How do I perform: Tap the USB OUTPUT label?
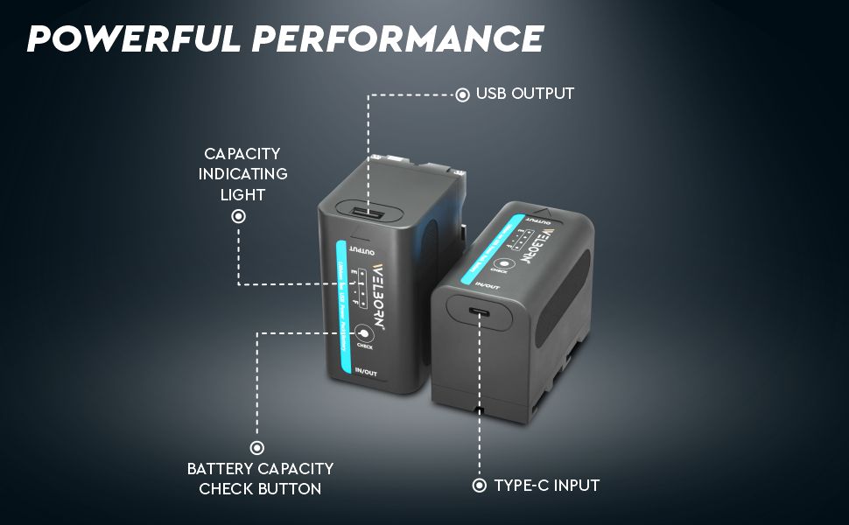[x=525, y=94]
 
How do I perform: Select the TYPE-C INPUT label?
[x=546, y=486]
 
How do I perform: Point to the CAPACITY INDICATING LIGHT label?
[x=242, y=173]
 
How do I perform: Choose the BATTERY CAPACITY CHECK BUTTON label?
[x=260, y=479]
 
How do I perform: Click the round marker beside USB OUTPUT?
[x=463, y=94]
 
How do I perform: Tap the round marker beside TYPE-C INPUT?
[x=479, y=486]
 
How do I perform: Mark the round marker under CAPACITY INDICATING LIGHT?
[x=238, y=216]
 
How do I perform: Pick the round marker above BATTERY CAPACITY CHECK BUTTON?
[x=258, y=448]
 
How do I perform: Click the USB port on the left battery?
[x=368, y=213]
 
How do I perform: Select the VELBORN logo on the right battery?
[x=536, y=249]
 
